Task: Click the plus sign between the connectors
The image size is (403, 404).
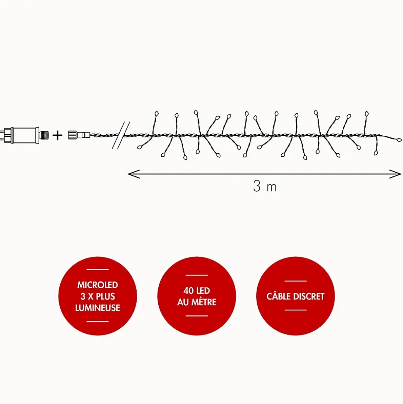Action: point(57,135)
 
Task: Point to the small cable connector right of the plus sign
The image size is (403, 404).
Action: point(79,135)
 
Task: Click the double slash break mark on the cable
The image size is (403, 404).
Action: point(121,136)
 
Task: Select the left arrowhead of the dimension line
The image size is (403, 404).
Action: point(134,174)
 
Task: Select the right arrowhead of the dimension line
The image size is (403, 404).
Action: point(395,174)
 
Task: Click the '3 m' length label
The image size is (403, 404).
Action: point(265,186)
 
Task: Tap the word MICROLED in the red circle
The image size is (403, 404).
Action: point(98,285)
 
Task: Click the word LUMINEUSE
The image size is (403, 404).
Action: point(98,307)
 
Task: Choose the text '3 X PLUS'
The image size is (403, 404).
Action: point(98,296)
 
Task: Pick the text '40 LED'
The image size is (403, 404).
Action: point(197,291)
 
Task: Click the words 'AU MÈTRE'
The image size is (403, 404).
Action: point(197,302)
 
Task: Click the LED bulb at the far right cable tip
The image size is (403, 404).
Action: point(399,140)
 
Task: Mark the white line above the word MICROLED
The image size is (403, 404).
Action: point(98,270)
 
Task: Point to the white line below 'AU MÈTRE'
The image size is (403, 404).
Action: point(197,316)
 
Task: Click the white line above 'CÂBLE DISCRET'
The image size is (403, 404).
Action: point(295,281)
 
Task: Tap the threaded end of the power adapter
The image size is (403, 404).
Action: point(44,135)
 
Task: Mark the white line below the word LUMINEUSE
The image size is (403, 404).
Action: point(98,321)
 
